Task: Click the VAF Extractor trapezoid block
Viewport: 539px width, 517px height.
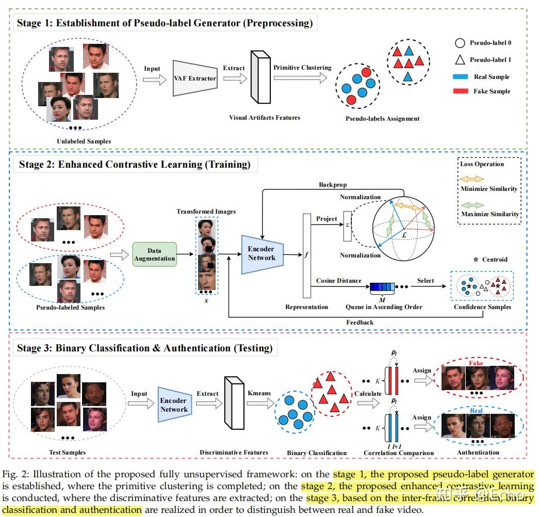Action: (x=194, y=78)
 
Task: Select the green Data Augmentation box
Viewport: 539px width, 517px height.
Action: (x=155, y=254)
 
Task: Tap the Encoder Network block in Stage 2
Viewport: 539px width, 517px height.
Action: (x=262, y=254)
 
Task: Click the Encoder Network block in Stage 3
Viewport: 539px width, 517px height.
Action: (x=174, y=405)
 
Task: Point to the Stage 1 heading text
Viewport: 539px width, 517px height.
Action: (x=165, y=23)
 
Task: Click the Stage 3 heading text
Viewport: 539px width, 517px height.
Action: (x=144, y=348)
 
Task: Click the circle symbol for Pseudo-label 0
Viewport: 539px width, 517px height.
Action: (x=460, y=43)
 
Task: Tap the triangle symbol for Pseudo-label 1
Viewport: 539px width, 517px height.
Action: (x=460, y=59)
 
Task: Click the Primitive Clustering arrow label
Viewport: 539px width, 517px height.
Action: (x=302, y=68)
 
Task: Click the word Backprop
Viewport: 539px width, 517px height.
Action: (x=332, y=184)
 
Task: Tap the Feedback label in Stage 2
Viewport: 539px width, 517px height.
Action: (x=360, y=322)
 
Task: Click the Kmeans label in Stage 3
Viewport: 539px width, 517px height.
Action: (x=259, y=393)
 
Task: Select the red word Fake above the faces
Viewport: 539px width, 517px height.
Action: (x=476, y=363)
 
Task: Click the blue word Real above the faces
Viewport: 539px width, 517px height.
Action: (x=476, y=411)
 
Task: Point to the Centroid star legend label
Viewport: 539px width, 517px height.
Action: (x=494, y=260)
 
